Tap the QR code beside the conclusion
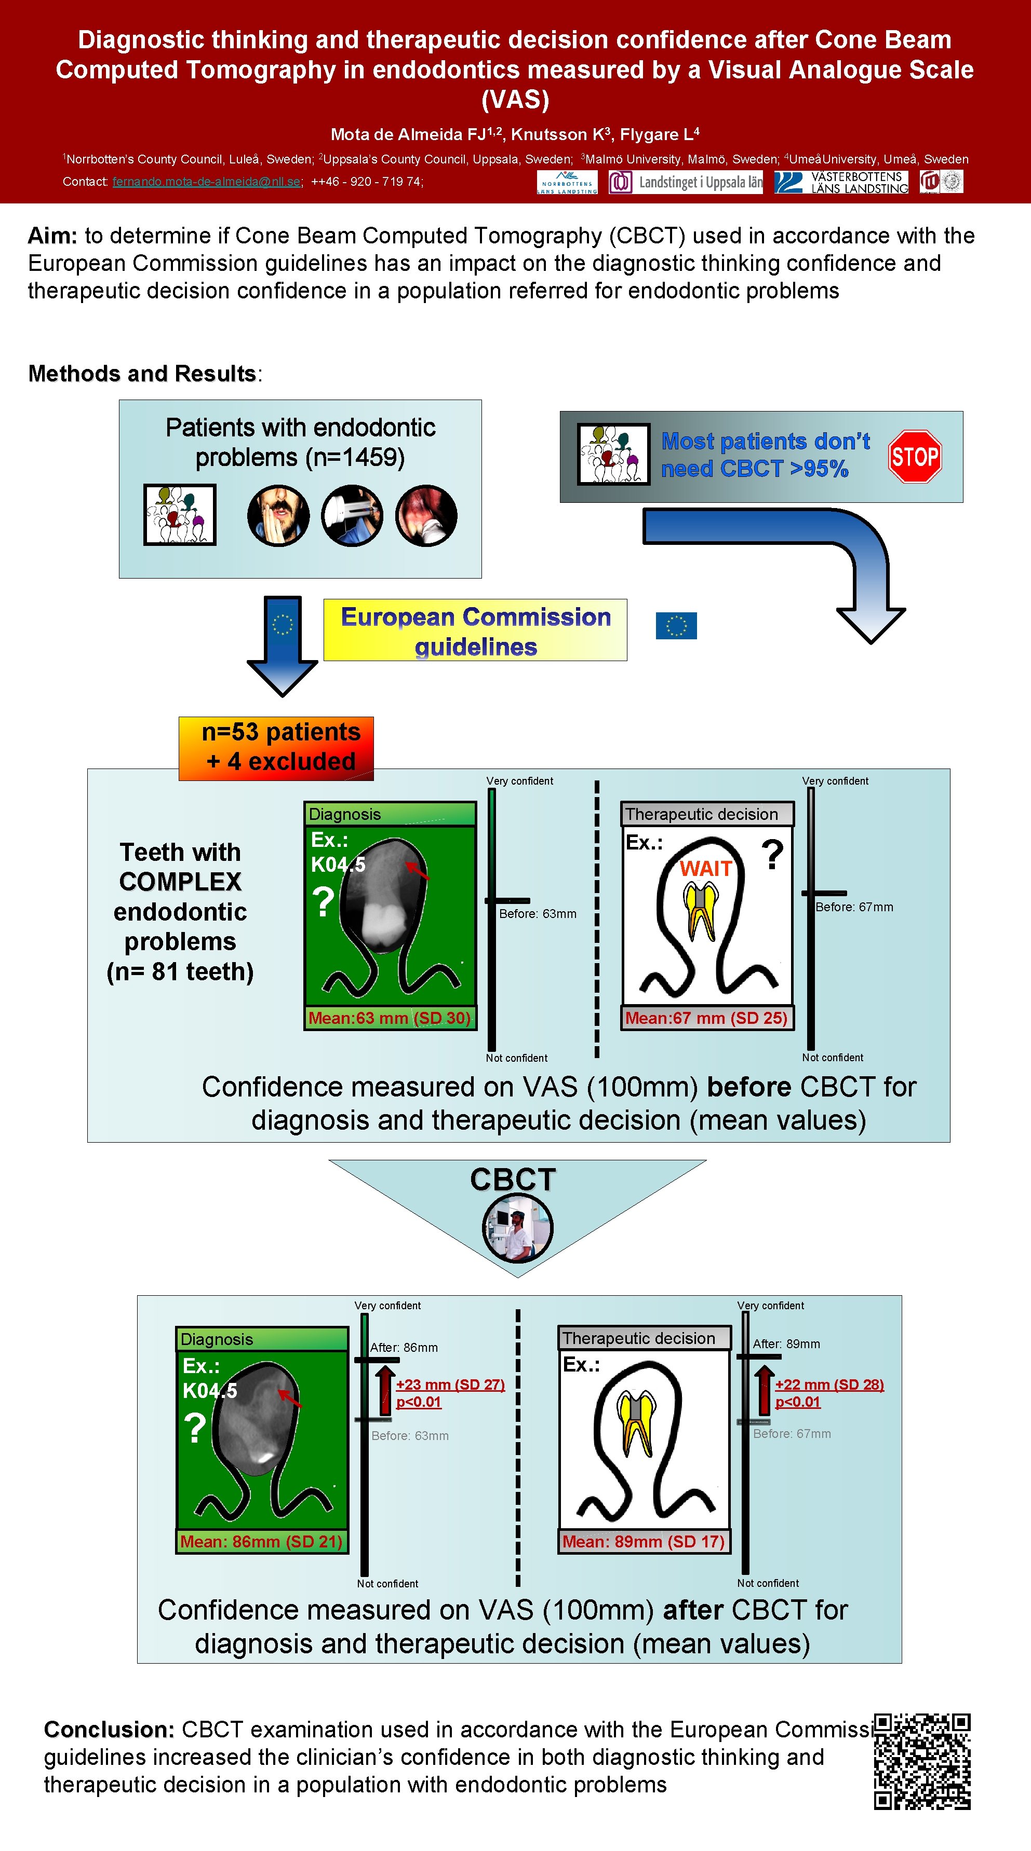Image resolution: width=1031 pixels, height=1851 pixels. click(x=922, y=1761)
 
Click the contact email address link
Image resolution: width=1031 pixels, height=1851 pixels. click(x=206, y=182)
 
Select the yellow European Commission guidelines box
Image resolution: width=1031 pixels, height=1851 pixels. click(x=475, y=630)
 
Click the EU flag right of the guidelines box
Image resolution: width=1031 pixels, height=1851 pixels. click(x=676, y=625)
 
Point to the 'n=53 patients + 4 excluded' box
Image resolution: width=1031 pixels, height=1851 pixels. click(x=276, y=747)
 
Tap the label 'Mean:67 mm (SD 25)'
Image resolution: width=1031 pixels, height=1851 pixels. click(x=707, y=1018)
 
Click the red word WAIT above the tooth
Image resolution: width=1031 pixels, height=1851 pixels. click(x=705, y=869)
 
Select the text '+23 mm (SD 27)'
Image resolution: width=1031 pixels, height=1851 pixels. click(x=450, y=1384)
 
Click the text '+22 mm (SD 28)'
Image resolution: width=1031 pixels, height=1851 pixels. click(x=829, y=1384)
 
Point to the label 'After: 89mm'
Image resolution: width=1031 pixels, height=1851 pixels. click(x=786, y=1343)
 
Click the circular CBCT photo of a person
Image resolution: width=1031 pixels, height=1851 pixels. click(x=517, y=1228)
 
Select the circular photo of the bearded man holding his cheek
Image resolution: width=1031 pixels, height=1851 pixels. click(x=278, y=515)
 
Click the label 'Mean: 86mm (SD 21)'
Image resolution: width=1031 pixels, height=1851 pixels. click(x=261, y=1541)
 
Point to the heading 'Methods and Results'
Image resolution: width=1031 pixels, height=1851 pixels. click(x=142, y=374)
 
